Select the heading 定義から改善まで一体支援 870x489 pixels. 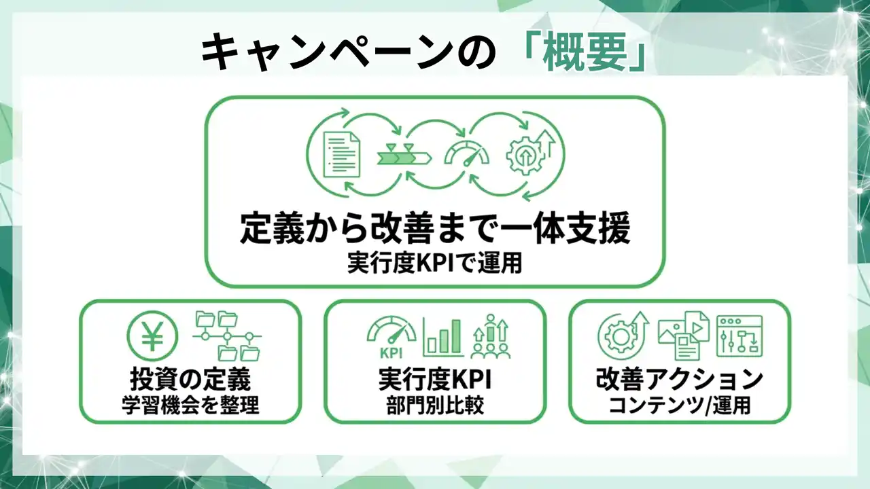click(x=435, y=228)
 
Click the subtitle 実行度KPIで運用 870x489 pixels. click(x=435, y=263)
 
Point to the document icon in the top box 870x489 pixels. click(x=342, y=154)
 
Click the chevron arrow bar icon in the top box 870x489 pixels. click(x=404, y=156)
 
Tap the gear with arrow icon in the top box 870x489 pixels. click(x=531, y=153)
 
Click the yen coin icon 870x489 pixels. click(x=152, y=336)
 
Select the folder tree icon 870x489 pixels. click(x=227, y=336)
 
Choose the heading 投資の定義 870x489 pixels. click(x=190, y=379)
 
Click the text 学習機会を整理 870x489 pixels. click(x=190, y=405)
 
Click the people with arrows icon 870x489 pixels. click(x=491, y=336)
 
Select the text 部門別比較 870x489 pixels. click(x=435, y=405)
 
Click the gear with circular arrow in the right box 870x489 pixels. click(x=623, y=336)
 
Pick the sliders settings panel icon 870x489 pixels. click(x=739, y=336)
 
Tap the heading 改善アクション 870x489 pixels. click(x=680, y=379)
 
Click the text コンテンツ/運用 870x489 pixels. click(x=680, y=405)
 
